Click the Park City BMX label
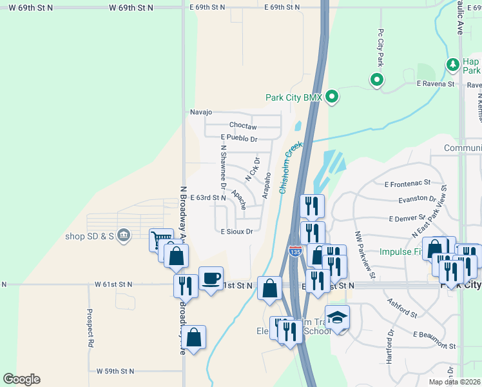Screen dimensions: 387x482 pyautogui.click(x=293, y=98)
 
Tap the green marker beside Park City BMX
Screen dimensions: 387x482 pyautogui.click(x=332, y=97)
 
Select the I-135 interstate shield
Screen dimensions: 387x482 pyautogui.click(x=295, y=250)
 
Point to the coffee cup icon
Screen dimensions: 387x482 pyautogui.click(x=211, y=278)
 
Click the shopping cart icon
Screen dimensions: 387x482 pyautogui.click(x=161, y=240)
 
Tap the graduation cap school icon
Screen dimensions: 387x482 pyautogui.click(x=337, y=317)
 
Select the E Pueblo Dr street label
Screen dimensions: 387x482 pyautogui.click(x=238, y=139)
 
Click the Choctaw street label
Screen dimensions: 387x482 pyautogui.click(x=243, y=126)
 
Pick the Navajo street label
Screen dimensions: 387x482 pyautogui.click(x=201, y=112)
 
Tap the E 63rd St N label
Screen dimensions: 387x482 pyautogui.click(x=208, y=198)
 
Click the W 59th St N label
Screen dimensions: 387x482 pyautogui.click(x=115, y=372)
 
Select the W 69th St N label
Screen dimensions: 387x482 pyautogui.click(x=131, y=8)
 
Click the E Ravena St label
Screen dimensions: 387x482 pyautogui.click(x=436, y=84)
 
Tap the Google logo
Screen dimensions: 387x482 pyautogui.click(x=21, y=379)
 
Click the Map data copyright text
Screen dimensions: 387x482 pyautogui.click(x=455, y=382)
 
